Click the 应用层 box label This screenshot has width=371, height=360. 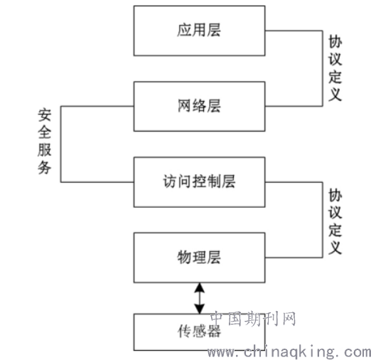tap(199, 30)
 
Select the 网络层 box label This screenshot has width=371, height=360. tap(199, 106)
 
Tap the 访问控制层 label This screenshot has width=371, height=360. tap(199, 181)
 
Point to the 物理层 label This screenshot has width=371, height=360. tap(199, 258)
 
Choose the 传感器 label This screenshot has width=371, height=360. tap(199, 331)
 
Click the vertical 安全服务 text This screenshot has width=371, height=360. tap(45, 142)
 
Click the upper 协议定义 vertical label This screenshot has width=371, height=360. tap(335, 68)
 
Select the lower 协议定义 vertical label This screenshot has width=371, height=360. tap(335, 221)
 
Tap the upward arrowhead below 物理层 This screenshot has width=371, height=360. tap(200, 287)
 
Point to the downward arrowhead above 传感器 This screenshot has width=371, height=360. tap(200, 309)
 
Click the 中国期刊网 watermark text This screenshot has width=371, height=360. tap(253, 319)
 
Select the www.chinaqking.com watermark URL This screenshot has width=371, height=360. tap(289, 351)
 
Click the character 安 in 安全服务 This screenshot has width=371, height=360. tap(45, 115)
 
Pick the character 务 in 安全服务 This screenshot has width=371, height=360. tap(45, 167)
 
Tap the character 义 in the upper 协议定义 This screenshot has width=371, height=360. tap(335, 95)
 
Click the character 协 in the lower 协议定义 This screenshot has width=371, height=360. tap(335, 196)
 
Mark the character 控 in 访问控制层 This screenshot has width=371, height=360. tap(199, 181)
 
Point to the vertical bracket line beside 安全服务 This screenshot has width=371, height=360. tap(60, 144)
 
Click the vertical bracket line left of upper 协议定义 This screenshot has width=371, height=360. tap(323, 68)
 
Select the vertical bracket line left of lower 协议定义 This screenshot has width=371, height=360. tap(323, 220)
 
